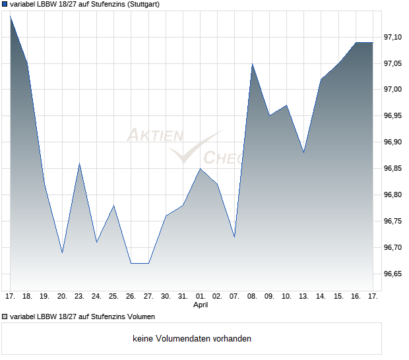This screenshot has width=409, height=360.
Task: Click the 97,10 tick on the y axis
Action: coord(394,37)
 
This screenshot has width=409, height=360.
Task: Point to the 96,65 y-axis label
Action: coord(394,274)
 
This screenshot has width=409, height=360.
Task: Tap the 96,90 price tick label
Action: coord(394,142)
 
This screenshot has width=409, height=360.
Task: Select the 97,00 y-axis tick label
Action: coord(394,90)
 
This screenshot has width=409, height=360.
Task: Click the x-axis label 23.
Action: coord(79,297)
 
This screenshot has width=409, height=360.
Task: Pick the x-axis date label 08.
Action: coord(251,297)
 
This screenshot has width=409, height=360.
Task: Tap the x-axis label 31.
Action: coord(183,297)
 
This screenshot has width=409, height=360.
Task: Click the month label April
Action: coord(201,306)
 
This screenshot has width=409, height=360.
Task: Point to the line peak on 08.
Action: coord(252,64)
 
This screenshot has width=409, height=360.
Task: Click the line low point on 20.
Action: coord(62,253)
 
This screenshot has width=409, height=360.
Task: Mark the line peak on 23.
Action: coord(79,164)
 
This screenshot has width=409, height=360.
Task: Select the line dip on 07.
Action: coord(234,237)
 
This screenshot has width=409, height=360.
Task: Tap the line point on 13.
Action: coord(303,152)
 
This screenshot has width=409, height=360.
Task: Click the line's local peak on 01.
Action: coord(201,169)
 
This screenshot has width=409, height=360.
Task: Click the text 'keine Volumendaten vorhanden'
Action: coord(192,339)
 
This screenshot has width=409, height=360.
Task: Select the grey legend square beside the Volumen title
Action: coord(5,317)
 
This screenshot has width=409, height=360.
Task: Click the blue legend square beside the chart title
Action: coord(5,4)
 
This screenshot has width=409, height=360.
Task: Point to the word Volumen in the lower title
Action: coord(137,317)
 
